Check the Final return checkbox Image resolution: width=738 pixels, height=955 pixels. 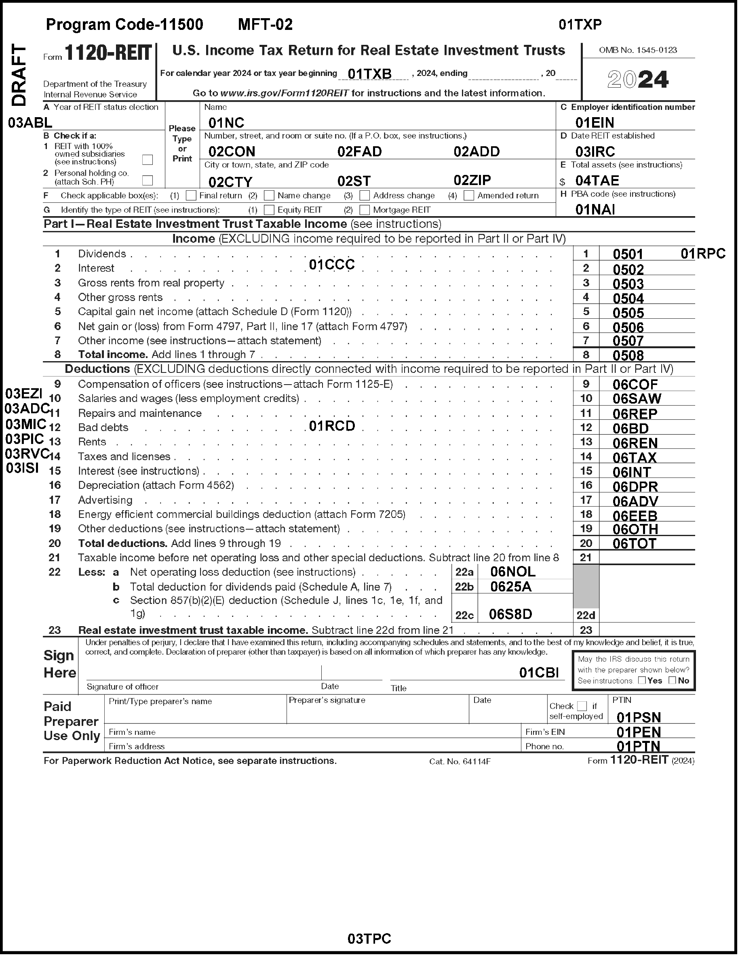coord(191,195)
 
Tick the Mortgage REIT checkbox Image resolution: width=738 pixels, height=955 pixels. coord(365,210)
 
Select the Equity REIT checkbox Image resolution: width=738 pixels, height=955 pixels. coord(269,210)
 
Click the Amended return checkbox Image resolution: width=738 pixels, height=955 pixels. coord(468,195)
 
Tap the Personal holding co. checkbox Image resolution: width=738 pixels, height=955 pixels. coord(148,180)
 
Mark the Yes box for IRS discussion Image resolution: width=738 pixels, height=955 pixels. coord(642,680)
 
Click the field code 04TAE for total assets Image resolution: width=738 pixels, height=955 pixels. coord(597,181)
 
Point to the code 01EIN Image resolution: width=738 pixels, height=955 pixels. coord(595,122)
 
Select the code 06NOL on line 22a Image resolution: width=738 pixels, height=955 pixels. coord(512,572)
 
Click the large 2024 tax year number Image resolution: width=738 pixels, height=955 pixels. coord(638,80)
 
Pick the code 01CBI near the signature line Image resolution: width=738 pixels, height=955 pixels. coord(538,673)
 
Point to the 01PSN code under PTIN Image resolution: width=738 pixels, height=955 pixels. coord(638,717)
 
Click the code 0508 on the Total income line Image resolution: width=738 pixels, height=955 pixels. coord(628,355)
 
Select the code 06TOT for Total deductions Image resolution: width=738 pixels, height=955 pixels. coord(634,543)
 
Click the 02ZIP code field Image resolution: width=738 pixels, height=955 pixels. coord(472,180)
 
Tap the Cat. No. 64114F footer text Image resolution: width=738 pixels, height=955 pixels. coord(460,761)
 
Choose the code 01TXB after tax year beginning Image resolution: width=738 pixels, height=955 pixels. coord(369,74)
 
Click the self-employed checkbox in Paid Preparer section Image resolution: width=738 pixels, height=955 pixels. coord(582,706)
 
